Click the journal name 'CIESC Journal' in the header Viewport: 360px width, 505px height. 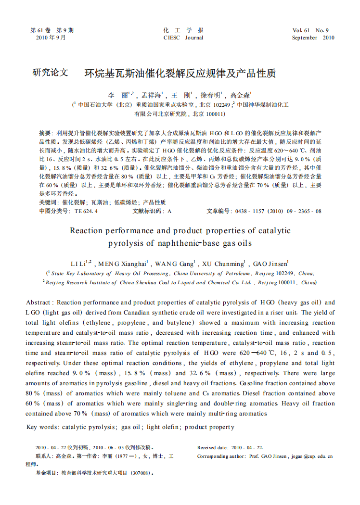pos(183,38)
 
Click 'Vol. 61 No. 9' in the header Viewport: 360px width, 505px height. pos(310,30)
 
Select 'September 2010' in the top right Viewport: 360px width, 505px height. pos(313,38)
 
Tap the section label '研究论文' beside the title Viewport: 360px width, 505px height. pos(50,73)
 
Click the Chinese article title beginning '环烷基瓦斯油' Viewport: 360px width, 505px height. pos(180,74)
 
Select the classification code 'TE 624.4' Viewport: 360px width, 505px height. pos(86,211)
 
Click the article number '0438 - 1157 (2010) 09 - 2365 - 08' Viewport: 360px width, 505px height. pos(277,211)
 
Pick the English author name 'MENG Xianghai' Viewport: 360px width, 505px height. pos(122,264)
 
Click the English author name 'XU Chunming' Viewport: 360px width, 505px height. pos(223,264)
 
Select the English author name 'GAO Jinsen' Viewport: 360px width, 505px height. pos(270,264)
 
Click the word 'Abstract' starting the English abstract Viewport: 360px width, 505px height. pos(39,303)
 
